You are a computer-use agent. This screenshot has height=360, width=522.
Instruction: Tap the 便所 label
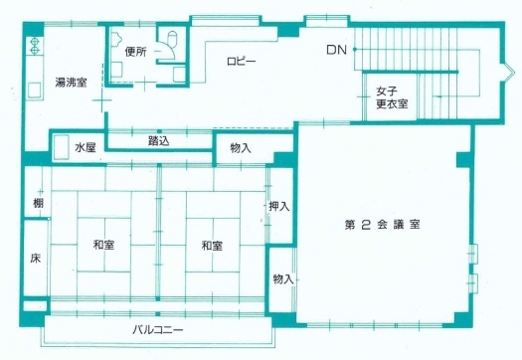(137, 53)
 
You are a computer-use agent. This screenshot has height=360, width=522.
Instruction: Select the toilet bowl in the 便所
(172, 42)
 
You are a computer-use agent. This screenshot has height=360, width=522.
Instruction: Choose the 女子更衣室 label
(388, 96)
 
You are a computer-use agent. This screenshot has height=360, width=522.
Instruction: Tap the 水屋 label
(85, 148)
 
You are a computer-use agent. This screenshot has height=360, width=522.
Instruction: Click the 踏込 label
(158, 141)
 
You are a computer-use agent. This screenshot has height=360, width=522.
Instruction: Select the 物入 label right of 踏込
(240, 149)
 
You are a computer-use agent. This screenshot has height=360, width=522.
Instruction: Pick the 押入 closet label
(279, 207)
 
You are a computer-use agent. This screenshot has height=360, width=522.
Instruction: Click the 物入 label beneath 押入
(282, 279)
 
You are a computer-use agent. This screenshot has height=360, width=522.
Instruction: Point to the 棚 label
(36, 204)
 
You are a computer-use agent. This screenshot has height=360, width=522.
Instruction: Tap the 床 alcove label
(35, 260)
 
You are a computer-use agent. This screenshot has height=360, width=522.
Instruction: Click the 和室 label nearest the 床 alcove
(102, 245)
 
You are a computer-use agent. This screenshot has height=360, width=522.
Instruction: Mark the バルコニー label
(159, 329)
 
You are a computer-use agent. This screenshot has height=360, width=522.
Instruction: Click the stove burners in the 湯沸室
(35, 46)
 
